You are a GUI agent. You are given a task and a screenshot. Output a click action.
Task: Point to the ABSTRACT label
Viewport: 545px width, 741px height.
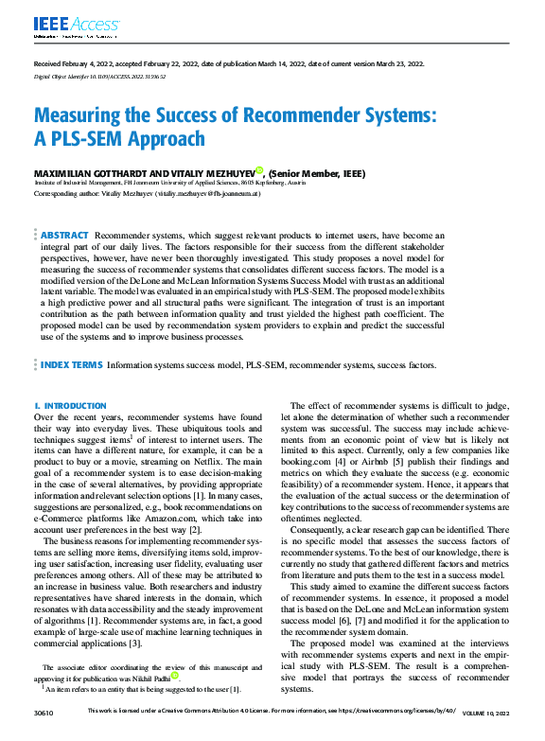(x=63, y=233)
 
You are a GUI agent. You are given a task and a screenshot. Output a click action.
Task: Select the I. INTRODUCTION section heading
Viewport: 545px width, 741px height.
(x=69, y=405)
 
